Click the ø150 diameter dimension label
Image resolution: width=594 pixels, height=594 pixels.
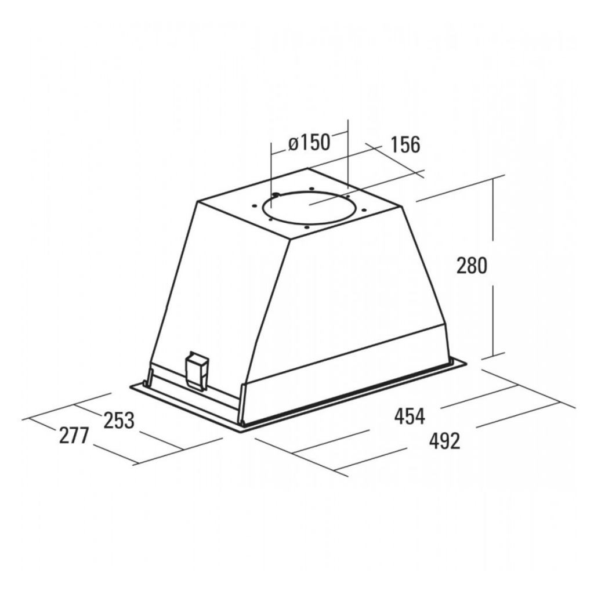coord(309,143)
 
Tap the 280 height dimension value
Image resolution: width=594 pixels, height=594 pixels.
coord(471,265)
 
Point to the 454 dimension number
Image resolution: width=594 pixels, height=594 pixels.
coord(410,416)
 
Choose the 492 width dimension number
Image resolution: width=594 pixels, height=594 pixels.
coord(445,441)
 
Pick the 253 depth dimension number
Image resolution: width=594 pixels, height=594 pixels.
coord(119,421)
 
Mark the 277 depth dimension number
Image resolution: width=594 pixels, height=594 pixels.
coord(74,435)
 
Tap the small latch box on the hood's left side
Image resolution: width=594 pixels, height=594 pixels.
coord(196,372)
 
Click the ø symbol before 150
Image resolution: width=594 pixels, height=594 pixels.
coord(294,144)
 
